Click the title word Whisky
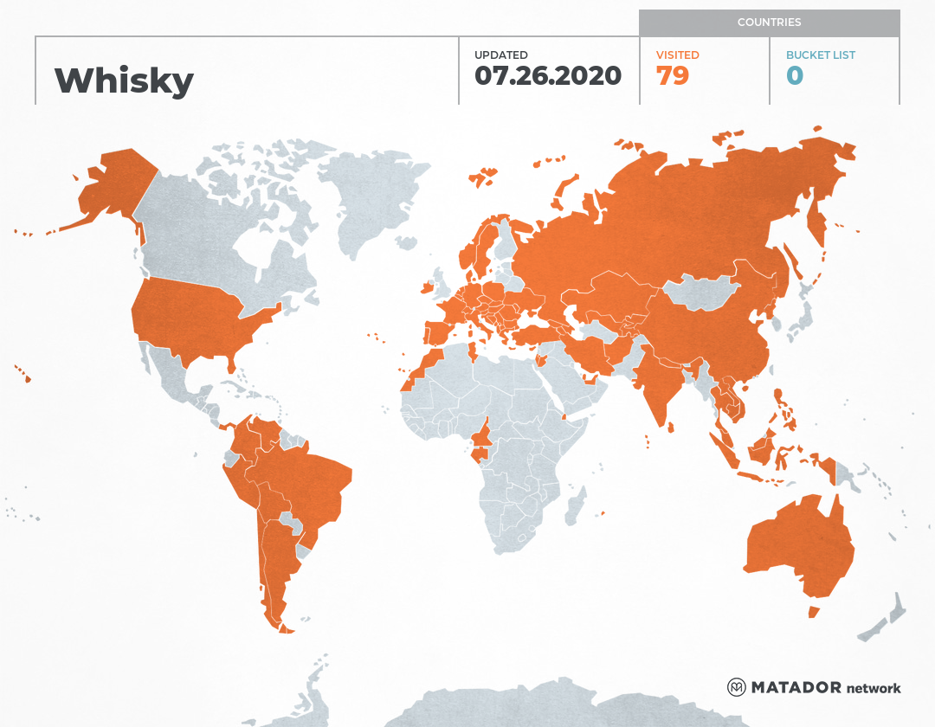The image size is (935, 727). click(124, 80)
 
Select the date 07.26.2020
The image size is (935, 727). click(548, 75)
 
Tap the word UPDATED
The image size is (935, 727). click(500, 55)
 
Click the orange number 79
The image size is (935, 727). click(673, 76)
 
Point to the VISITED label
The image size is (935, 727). click(677, 55)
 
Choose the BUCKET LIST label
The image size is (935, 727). click(820, 55)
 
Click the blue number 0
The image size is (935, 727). click(795, 76)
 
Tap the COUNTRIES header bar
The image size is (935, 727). click(769, 23)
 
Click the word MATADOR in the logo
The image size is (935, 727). click(796, 688)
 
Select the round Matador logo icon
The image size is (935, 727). click(737, 688)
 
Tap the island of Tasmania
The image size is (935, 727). click(814, 612)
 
